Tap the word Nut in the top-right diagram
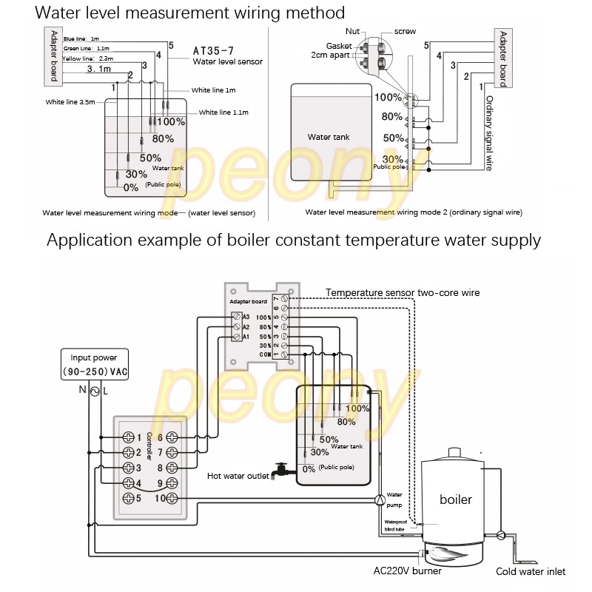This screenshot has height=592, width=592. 353,32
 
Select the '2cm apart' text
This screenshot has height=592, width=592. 329,55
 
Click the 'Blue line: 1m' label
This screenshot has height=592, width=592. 82,39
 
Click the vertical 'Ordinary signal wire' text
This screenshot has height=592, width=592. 488,133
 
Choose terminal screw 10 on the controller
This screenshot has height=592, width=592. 171,497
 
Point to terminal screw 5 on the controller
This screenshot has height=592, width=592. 127,497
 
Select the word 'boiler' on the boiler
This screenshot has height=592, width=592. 455,499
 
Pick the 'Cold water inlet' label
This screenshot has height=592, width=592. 531,571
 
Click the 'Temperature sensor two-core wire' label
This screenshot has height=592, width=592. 403,292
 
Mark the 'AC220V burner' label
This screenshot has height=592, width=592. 407,571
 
